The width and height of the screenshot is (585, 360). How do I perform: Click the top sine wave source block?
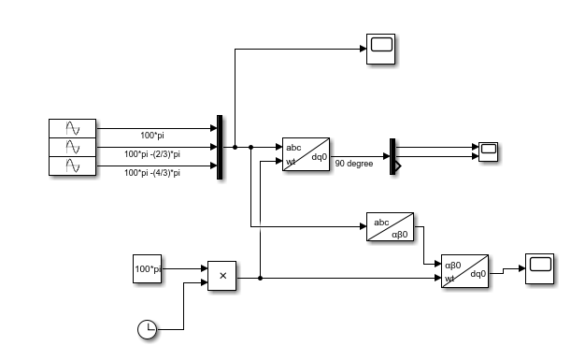(x=72, y=129)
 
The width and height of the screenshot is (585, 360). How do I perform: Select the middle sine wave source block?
(x=72, y=147)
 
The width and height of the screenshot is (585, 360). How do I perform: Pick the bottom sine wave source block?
(x=72, y=166)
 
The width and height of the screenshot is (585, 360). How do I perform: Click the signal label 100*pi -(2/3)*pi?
(x=152, y=154)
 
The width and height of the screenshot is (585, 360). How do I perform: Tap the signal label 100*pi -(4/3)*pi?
(x=152, y=172)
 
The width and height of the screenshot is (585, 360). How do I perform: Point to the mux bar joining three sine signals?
(x=220, y=147)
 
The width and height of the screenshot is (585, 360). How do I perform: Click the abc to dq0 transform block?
(x=306, y=155)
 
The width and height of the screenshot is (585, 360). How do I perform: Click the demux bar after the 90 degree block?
(x=393, y=156)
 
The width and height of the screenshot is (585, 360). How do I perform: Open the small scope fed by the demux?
(x=489, y=151)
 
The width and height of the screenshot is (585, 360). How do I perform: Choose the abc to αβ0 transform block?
(x=391, y=228)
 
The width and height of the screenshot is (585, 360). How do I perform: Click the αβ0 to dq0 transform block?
(x=465, y=271)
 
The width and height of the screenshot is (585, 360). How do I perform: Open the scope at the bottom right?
(x=540, y=266)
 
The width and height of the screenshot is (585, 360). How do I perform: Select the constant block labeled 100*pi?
(x=148, y=269)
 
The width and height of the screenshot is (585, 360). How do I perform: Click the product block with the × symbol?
(x=221, y=276)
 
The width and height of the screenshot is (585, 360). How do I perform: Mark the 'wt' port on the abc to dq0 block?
(x=291, y=163)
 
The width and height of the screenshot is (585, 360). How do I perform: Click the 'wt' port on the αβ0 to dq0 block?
(x=450, y=278)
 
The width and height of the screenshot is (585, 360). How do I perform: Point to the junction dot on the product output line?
(x=260, y=278)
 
